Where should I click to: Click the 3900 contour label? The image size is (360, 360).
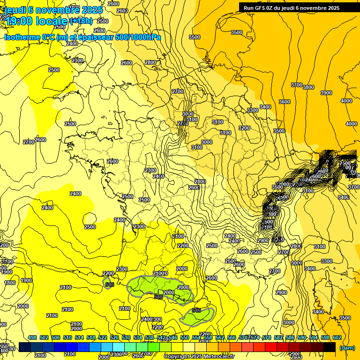point(326,93)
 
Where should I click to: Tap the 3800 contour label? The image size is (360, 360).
point(308,87)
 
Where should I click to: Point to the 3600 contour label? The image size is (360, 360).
point(285,102)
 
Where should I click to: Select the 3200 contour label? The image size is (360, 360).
point(244,128)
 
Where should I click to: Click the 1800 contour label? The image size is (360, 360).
point(9,283)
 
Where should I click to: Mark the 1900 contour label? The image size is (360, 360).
point(26,280)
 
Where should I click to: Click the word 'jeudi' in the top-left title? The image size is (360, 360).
point(15,9)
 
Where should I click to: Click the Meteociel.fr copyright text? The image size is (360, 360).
point(198,356)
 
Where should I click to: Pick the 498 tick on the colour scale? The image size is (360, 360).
point(32,337)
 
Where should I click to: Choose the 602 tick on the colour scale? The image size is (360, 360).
point(337,337)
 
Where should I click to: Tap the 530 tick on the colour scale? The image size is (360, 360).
point(126,337)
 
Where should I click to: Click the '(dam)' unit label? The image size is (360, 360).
point(347,347)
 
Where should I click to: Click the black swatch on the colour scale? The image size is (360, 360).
point(330,347)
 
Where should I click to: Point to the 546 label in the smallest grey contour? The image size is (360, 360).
point(110,284)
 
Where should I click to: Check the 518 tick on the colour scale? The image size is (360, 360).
point(91,337)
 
